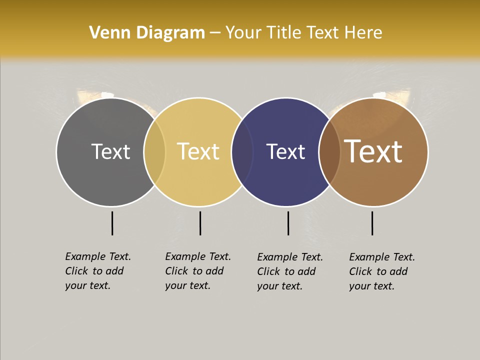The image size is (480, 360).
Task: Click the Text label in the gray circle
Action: pos(110,151)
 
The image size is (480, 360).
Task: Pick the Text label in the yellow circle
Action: pos(198,151)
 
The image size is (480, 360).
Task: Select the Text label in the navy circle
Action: pos(285,151)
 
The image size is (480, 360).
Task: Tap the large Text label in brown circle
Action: pos(373,151)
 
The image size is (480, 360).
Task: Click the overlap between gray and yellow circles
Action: pos(154,151)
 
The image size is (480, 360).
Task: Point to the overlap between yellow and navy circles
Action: pos(242,151)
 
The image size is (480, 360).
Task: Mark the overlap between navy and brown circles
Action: pos(330,151)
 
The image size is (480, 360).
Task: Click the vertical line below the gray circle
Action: pos(112,223)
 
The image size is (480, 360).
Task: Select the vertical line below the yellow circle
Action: pos(200,223)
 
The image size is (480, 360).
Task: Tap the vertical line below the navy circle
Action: pos(288,223)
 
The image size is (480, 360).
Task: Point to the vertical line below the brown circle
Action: pos(372,223)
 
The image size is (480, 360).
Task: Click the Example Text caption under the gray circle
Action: pos(98,271)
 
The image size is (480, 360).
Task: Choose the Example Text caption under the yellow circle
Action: pos(198,271)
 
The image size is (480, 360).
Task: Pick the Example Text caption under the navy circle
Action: pos(290,271)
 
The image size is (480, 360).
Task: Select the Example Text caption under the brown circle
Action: pos(382,271)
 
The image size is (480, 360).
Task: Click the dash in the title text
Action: pos(215,33)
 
